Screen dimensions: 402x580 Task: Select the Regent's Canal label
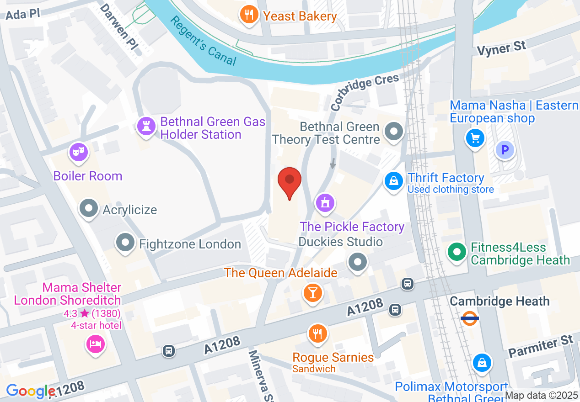[x=203, y=41]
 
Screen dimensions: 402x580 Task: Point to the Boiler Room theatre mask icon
[x=78, y=151]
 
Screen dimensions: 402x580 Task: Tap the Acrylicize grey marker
[x=89, y=209]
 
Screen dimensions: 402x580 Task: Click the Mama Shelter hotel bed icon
[x=95, y=343]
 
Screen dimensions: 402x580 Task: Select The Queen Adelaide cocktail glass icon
[x=313, y=292]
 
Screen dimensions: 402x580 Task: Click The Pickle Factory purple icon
[x=325, y=202]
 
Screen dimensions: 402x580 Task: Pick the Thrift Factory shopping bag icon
[x=393, y=181]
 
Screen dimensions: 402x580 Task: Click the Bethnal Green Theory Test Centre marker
[x=393, y=132]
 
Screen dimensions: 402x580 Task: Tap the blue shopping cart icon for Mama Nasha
[x=475, y=137]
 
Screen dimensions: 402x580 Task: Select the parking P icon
[x=505, y=150]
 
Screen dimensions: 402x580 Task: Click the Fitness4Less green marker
[x=456, y=252]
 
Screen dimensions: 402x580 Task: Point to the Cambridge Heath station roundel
[x=470, y=318]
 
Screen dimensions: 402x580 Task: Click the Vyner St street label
[x=502, y=48]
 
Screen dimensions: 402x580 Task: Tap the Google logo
[x=31, y=391]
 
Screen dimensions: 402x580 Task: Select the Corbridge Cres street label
[x=365, y=93]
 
